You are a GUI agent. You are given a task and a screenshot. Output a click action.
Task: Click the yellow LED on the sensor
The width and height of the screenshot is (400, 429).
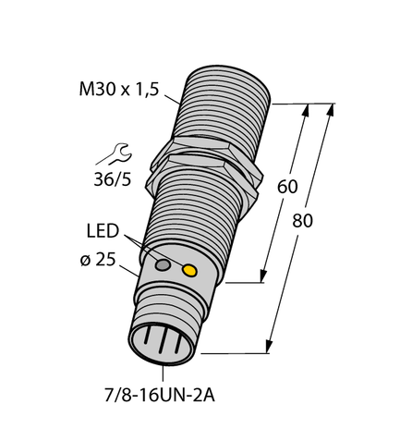tap(190, 271)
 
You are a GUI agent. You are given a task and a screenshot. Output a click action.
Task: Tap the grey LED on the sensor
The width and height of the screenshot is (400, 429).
tap(164, 266)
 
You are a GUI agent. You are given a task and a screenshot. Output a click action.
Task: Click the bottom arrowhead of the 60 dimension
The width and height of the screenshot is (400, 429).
tap(264, 275)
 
